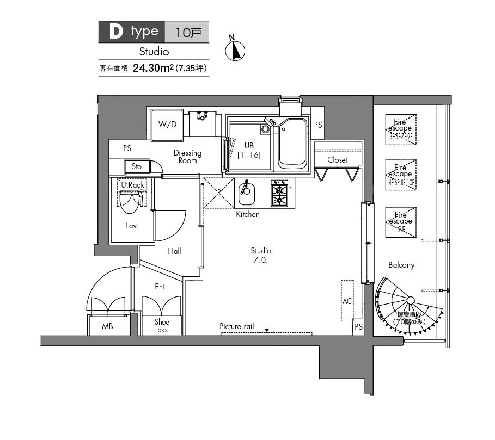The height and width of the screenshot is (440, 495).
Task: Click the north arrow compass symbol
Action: tap(235, 50)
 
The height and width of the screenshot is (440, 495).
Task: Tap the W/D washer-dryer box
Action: tap(167, 124)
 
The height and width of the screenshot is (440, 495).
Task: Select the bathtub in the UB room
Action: tap(292, 143)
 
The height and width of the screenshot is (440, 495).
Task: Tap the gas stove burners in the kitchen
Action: tap(279, 195)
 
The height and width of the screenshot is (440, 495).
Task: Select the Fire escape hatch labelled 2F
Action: tap(401, 222)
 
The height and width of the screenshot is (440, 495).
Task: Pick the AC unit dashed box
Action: tap(347, 300)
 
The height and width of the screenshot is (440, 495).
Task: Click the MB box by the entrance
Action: tap(108, 326)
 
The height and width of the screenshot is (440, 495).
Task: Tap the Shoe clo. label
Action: tap(162, 326)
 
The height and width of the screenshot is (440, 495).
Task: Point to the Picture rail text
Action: tap(237, 326)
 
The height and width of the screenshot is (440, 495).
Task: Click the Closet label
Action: tap(338, 160)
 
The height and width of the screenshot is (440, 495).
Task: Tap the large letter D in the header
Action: tap(115, 32)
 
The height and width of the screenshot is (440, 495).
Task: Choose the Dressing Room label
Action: tap(187, 157)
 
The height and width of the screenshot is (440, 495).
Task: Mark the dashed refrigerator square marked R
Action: tap(219, 193)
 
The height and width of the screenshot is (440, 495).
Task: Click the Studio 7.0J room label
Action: tap(261, 255)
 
